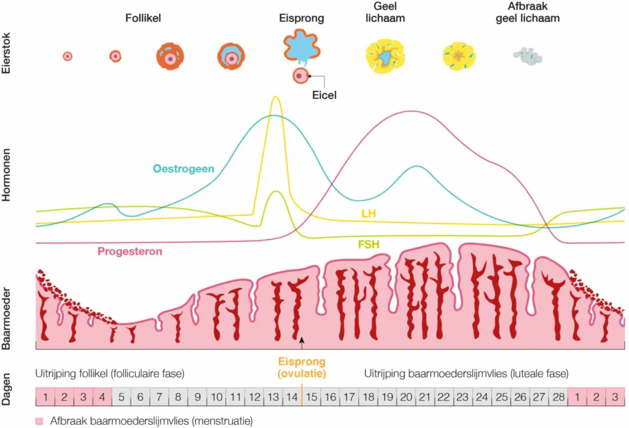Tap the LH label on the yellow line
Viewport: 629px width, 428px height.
pos(369,212)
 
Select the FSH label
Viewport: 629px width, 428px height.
pos(369,245)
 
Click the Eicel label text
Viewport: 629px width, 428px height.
pos(323,95)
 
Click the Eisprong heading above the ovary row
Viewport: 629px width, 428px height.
pos(301,18)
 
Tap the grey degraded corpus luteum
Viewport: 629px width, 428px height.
pos(527,56)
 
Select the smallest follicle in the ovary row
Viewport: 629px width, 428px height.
pos(68,56)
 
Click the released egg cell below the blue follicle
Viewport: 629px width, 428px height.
pos(300,76)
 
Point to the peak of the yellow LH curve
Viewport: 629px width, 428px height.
pos(275,98)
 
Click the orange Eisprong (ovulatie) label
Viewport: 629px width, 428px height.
pos(302,367)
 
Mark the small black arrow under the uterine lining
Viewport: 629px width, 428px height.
pos(302,339)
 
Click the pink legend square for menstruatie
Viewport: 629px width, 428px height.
pos(40,421)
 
